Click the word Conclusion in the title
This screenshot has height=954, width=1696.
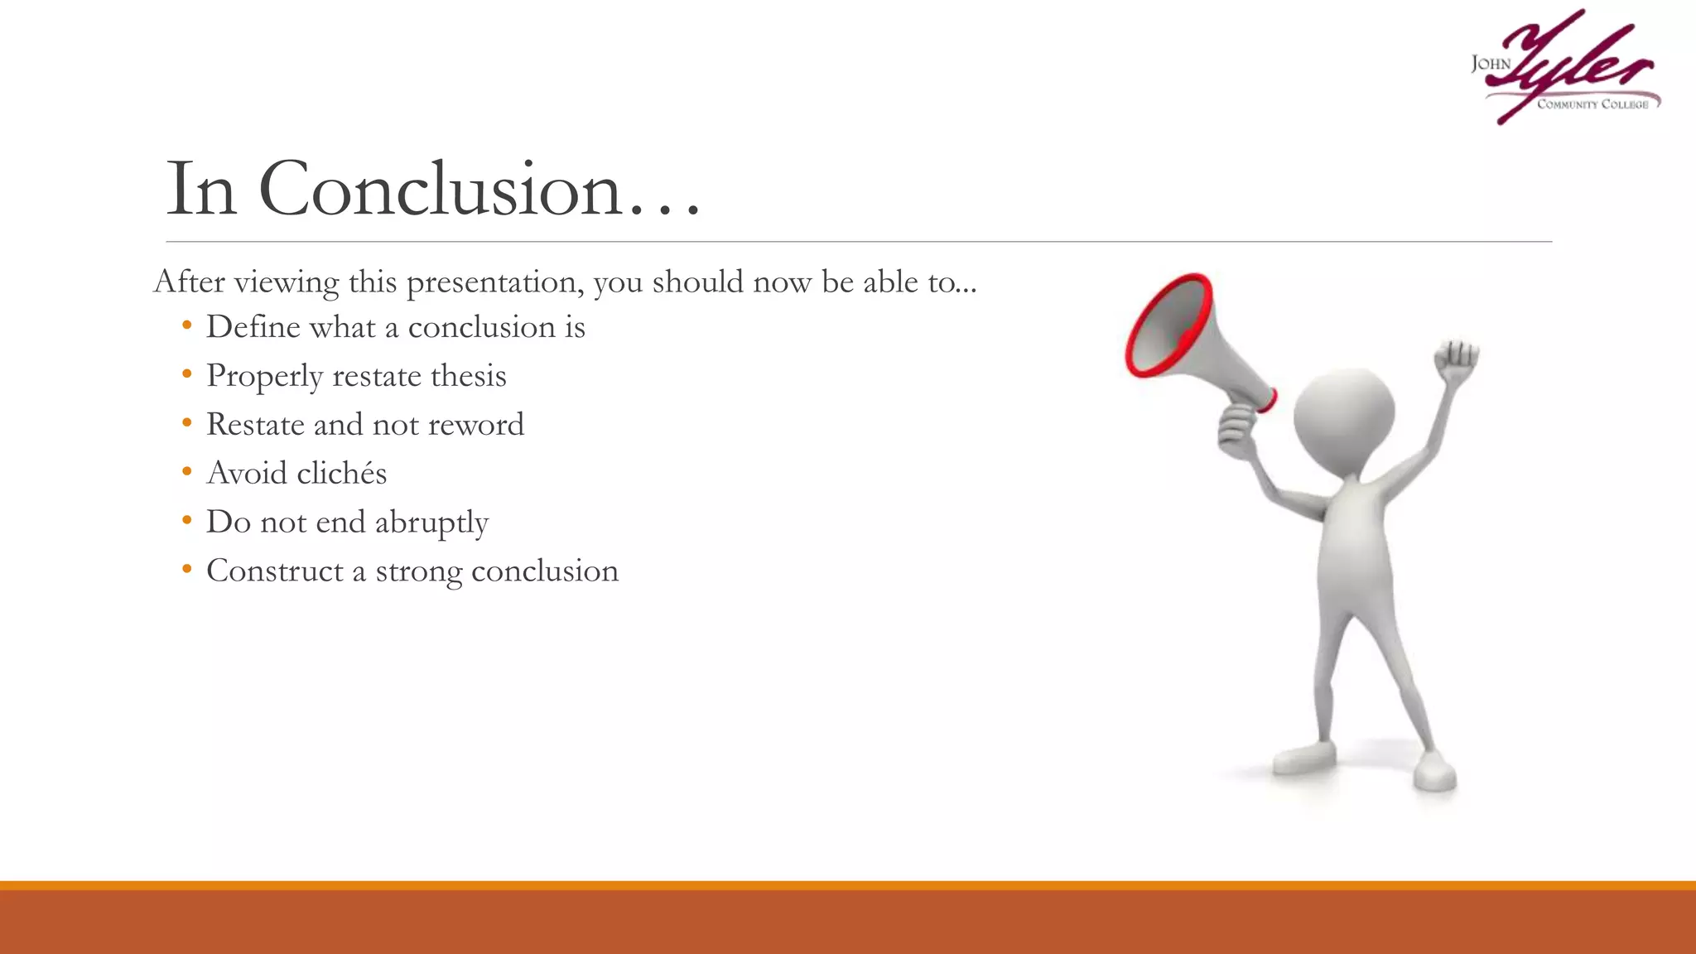tap(440, 190)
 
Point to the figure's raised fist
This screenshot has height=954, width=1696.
tap(1457, 359)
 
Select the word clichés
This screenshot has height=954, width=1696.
tap(341, 474)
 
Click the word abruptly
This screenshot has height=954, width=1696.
tap(431, 523)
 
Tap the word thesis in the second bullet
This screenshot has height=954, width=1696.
tap(468, 377)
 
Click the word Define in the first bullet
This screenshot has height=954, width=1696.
tap(253, 327)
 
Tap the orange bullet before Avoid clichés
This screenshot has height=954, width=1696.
tap(187, 472)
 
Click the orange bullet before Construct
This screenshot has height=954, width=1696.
tap(187, 570)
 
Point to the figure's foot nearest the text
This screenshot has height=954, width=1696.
tap(1303, 756)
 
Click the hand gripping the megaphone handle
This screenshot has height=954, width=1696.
tap(1236, 426)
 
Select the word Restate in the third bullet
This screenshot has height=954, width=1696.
tap(255, 425)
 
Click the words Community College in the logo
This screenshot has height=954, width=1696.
tap(1592, 104)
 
